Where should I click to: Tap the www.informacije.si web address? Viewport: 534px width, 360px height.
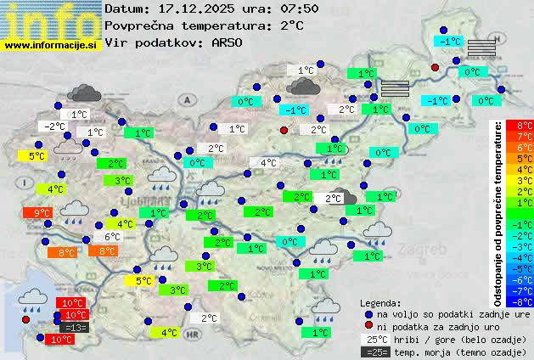51,44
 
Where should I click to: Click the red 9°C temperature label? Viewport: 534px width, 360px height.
42,212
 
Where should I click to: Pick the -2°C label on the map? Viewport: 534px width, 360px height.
54,127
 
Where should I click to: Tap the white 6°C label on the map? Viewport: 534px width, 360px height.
112,237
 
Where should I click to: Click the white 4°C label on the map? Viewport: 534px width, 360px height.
268,163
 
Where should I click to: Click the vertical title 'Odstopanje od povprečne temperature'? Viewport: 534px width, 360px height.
498,212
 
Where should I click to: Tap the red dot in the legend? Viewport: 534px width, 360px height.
368,326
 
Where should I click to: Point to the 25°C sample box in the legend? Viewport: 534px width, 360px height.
378,339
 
